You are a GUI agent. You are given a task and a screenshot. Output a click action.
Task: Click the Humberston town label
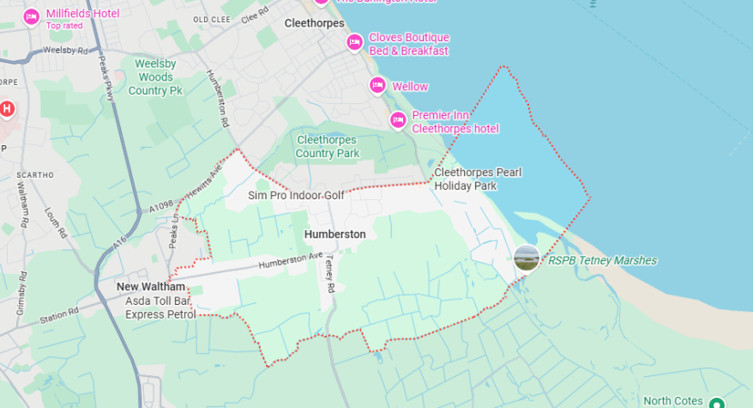click(x=334, y=234)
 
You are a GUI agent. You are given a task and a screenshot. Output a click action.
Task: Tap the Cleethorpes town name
click(x=314, y=24)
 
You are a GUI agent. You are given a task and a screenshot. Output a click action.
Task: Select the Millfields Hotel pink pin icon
click(x=32, y=17)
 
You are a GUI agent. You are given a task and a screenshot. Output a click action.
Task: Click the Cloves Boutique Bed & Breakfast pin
click(x=354, y=42)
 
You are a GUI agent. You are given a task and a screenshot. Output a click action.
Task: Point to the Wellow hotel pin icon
click(x=377, y=86)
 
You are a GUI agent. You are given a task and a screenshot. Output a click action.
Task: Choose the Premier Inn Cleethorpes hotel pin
click(x=398, y=120)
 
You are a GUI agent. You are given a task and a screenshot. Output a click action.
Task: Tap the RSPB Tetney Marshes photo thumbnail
click(x=527, y=258)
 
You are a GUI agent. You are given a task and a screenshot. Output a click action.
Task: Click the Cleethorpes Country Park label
click(x=328, y=146)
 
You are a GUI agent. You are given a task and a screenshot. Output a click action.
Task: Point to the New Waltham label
click(x=150, y=286)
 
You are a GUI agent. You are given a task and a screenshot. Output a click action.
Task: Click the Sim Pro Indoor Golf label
click(x=296, y=196)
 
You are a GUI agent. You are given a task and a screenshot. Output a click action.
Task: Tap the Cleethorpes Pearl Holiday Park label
click(x=478, y=179)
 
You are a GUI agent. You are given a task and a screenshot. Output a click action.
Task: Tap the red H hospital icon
click(x=8, y=109)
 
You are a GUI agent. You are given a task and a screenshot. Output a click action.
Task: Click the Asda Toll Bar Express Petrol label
click(x=160, y=308)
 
